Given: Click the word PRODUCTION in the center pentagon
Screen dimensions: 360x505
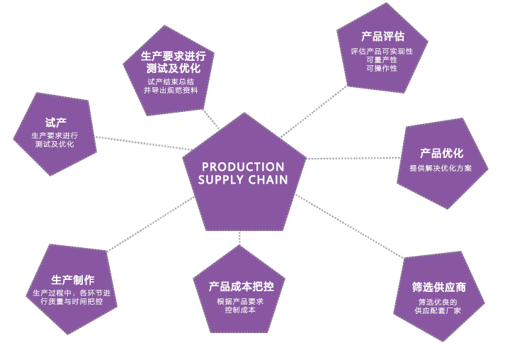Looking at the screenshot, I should (243, 167).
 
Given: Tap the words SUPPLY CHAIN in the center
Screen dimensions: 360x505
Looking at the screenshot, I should (243, 180).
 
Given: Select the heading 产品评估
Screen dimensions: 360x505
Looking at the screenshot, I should (382, 36).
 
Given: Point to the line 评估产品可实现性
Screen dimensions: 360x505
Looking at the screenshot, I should (382, 51).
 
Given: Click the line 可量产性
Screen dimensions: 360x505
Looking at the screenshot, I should (382, 60).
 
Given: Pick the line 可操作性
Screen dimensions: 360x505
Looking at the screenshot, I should (382, 68).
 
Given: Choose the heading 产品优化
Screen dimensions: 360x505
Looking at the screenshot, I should (441, 153).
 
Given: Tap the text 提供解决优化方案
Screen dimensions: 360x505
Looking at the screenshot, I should (441, 168).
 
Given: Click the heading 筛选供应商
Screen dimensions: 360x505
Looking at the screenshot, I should (438, 287).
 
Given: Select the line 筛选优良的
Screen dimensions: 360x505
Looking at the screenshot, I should (438, 302).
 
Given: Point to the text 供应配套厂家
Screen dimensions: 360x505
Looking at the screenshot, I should (438, 310).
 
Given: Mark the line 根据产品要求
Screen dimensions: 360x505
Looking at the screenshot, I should (240, 301).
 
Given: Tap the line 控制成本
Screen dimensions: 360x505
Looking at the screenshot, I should (240, 310).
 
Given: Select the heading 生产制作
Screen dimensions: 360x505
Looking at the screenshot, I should (73, 279).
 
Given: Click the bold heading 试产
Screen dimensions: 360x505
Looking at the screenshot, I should (56, 122).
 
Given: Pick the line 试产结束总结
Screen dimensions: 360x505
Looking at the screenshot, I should (170, 81).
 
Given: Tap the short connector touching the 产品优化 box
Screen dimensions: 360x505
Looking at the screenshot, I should (388, 157).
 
